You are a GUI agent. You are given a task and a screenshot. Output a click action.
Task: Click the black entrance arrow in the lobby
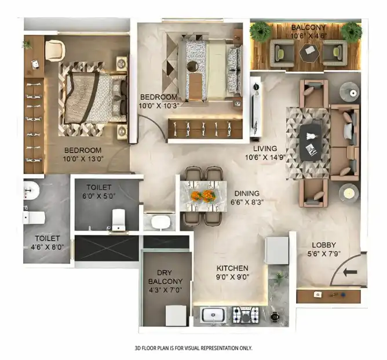[350, 272]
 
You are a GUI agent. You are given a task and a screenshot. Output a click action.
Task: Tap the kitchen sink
[214, 315]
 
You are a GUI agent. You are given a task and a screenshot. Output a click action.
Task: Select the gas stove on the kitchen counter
[246, 315]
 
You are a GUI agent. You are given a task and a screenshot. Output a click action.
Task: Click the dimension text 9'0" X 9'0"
[232, 277]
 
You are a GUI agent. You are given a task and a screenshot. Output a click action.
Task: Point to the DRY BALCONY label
[165, 277]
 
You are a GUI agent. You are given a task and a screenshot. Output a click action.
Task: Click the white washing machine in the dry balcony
[176, 315]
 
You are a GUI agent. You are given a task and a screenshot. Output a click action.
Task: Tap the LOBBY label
[324, 245]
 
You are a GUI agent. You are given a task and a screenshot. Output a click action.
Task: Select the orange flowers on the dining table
[203, 195]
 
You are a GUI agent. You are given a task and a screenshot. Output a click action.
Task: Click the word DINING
[247, 194]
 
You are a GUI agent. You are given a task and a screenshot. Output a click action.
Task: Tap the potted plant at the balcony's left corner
[260, 31]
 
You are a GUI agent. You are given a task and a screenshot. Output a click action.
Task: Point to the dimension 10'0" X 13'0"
[83, 159]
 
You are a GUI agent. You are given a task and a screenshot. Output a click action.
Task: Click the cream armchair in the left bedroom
[55, 50]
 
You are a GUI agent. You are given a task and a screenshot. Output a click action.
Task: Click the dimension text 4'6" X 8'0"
[48, 247]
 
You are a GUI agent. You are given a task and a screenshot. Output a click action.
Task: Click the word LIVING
[265, 148]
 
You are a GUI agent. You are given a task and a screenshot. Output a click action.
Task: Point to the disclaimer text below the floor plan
[193, 348]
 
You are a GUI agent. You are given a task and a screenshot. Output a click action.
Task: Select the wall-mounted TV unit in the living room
[255, 106]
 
